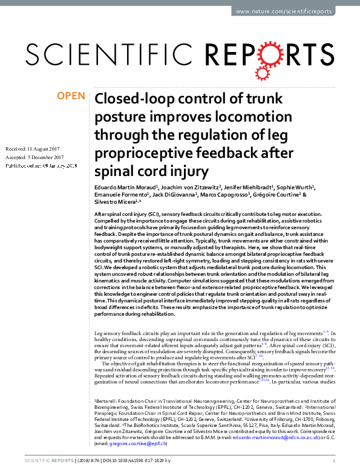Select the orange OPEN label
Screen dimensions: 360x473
click(71, 95)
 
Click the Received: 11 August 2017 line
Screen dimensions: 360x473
click(34, 148)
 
